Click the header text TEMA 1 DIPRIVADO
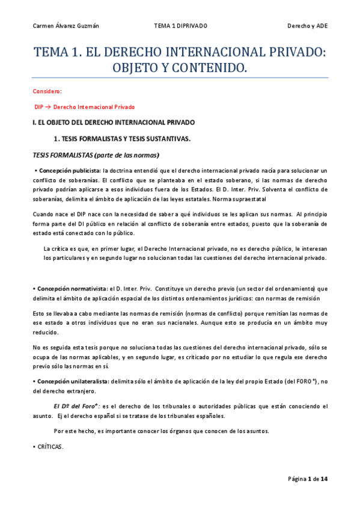tap(180, 26)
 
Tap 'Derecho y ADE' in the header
tap(307, 26)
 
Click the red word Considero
tap(47, 91)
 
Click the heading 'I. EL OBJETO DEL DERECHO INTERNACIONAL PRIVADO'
tap(113, 123)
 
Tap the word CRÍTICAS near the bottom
tap(50, 447)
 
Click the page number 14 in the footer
tap(325, 479)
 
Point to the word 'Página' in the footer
tap(297, 479)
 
